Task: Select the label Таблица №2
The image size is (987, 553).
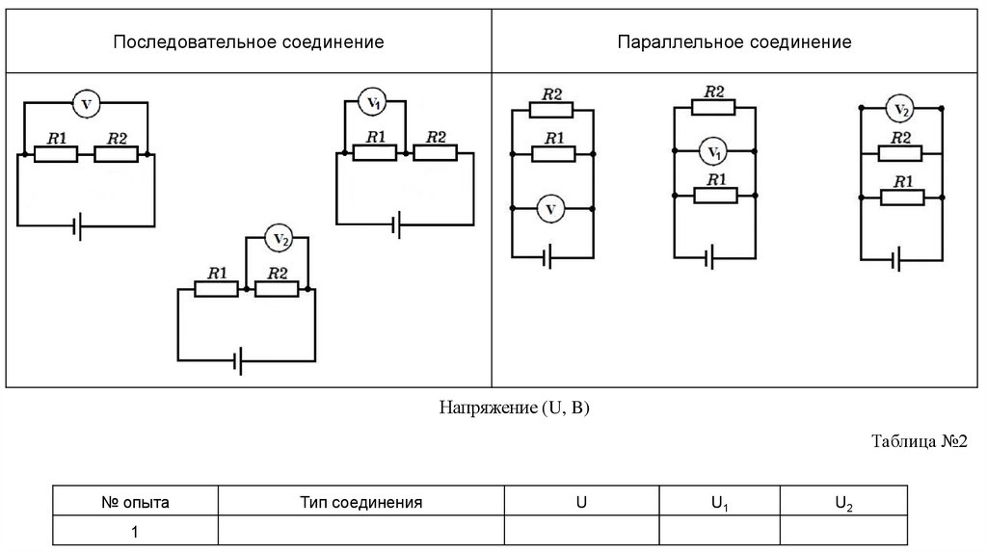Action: coord(919,441)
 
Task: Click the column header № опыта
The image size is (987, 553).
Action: coord(135,503)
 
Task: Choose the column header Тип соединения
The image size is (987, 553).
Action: coord(361,503)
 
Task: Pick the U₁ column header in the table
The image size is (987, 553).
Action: coord(719,503)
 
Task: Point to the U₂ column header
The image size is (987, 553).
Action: coord(843,503)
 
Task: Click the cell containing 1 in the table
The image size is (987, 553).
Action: coord(135,532)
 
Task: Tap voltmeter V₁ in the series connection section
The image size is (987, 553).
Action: coord(373,101)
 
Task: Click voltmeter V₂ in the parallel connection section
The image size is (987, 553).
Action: coord(900,111)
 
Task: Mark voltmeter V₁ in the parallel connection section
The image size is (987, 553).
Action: coord(714,151)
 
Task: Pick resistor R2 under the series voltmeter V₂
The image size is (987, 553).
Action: coord(279,288)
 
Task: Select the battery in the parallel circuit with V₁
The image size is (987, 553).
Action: coord(710,258)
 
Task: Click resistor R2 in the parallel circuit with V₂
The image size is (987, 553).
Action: coord(900,152)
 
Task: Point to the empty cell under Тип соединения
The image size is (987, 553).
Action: coord(361,532)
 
